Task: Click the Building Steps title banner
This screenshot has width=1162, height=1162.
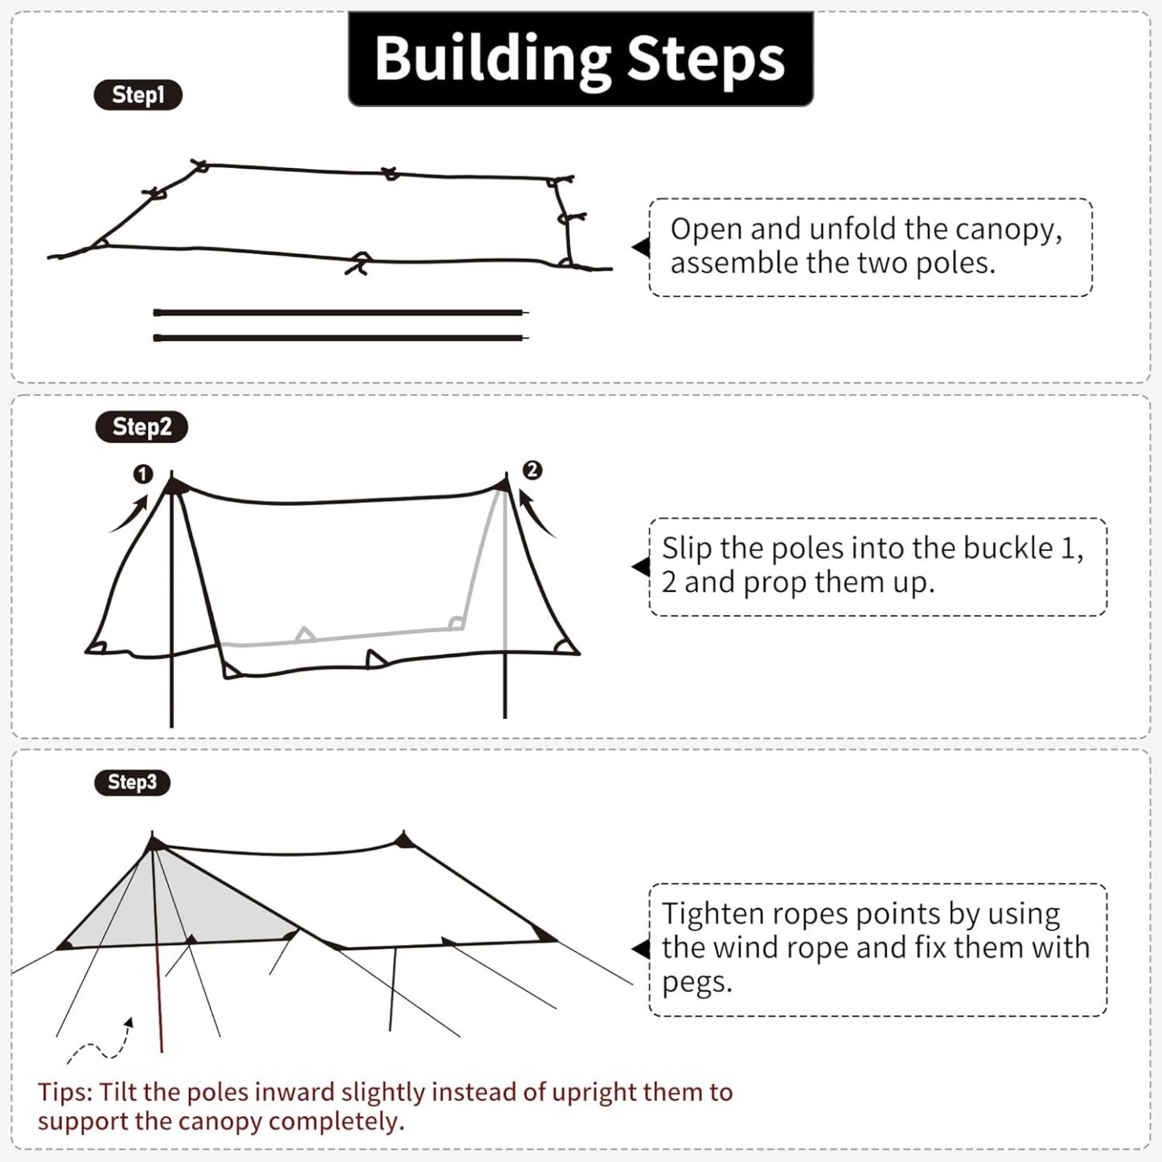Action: [x=580, y=59]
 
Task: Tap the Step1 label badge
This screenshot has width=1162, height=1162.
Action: [x=138, y=95]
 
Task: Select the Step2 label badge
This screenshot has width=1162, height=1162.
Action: [x=142, y=427]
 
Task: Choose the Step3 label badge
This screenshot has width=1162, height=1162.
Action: [x=132, y=782]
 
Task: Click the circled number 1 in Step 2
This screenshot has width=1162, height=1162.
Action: [x=143, y=474]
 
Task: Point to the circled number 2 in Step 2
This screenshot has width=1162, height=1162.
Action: [x=532, y=470]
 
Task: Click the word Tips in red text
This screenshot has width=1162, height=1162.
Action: [x=65, y=1092]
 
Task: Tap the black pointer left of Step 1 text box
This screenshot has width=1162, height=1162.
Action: [x=641, y=247]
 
